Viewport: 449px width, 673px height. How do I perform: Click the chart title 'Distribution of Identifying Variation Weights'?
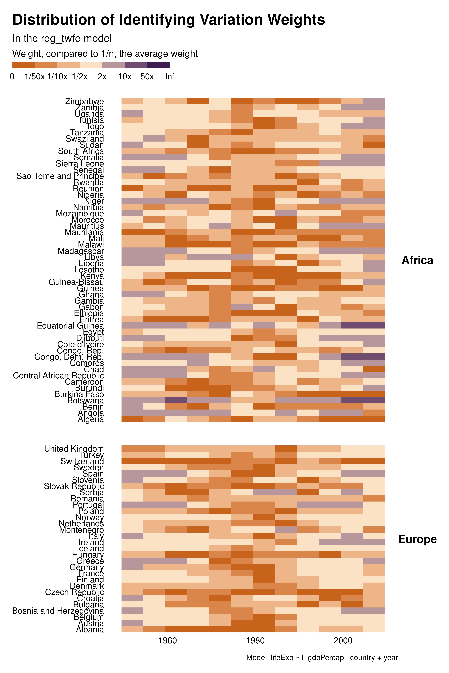click(x=168, y=20)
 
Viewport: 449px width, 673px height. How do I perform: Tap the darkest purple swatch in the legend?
click(x=158, y=66)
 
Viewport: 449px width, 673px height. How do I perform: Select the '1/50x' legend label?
click(x=35, y=77)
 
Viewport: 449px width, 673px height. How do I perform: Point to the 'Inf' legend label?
click(x=170, y=77)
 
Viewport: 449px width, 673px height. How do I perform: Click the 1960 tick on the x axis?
click(x=167, y=640)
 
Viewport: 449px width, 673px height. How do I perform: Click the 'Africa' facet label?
click(x=417, y=260)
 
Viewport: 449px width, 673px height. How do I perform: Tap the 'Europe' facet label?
click(x=417, y=539)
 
